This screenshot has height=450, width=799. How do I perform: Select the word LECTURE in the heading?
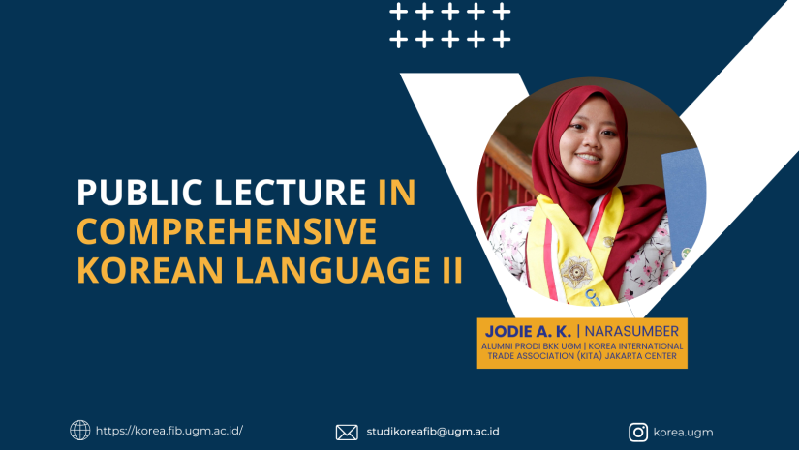290,192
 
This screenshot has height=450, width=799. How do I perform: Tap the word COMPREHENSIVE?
227,231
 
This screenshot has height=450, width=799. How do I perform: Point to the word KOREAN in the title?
150,270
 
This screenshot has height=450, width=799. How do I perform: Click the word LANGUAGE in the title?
333,270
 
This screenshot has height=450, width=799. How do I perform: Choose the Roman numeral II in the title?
452,270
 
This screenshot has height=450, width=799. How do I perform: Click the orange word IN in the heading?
397,192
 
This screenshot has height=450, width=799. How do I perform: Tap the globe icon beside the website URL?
80,430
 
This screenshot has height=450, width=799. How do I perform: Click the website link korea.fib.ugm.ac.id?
169,431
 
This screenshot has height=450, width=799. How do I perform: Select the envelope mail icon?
347,433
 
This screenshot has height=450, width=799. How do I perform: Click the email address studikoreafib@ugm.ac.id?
433,432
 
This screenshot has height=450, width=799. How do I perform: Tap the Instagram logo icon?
638,433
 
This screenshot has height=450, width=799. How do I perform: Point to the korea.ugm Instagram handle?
683,433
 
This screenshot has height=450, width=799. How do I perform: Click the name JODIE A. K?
528,331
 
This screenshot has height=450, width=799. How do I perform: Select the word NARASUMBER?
631,331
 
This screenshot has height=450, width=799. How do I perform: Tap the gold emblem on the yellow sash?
576,272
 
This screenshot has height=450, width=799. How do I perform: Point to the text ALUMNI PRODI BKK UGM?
531,346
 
